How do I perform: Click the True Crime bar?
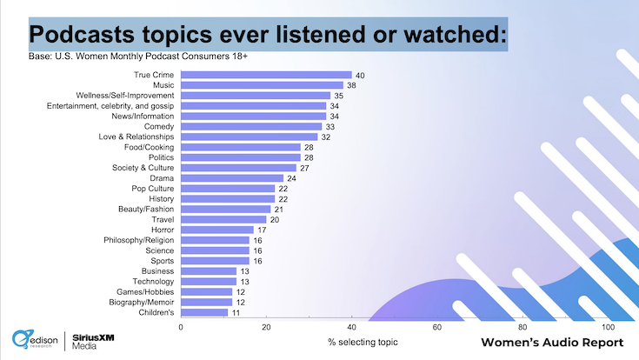point(266,75)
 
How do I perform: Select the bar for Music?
point(262,85)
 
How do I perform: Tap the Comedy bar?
point(251,126)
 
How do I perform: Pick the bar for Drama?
point(232,178)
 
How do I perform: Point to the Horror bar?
point(217,230)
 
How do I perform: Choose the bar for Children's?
point(204,313)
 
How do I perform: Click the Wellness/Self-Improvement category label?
point(125,96)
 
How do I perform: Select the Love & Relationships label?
point(136,137)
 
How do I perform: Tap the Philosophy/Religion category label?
point(138,240)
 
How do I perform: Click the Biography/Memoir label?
point(142,302)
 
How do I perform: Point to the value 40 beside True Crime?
point(360,76)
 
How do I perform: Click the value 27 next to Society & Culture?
point(304,168)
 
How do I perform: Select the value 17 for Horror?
point(262,230)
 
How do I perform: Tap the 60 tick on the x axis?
point(436,327)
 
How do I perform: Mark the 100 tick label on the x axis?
point(608,327)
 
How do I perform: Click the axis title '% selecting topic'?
point(363,342)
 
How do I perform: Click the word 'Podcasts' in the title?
point(82,34)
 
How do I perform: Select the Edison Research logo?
point(35,340)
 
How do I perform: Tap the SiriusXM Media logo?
point(93,342)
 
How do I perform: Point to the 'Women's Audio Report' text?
point(552,343)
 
